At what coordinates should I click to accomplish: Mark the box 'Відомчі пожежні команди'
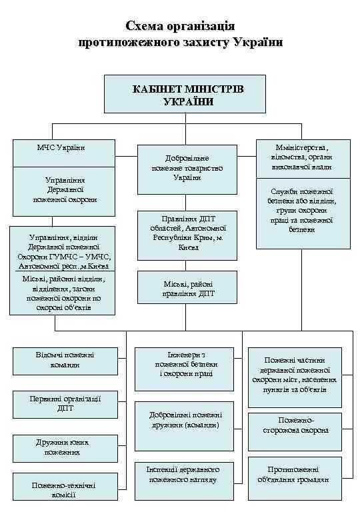tap(65, 360)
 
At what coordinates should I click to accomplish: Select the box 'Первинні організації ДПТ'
tap(65, 403)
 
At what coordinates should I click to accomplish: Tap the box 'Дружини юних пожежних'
tap(65, 447)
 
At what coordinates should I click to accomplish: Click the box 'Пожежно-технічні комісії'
tap(65, 490)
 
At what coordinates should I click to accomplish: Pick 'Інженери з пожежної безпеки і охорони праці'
tap(184, 364)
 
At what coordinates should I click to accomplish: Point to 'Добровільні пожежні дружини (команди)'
tap(184, 420)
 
